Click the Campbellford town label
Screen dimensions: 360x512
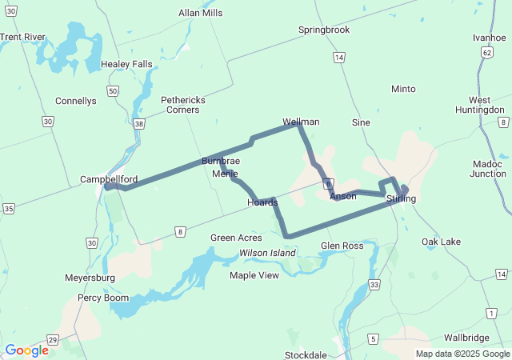point(109,179)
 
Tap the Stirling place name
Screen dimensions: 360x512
point(401,198)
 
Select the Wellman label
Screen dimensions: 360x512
point(301,122)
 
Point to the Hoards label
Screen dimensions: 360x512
point(262,202)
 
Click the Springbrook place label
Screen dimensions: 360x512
point(324,30)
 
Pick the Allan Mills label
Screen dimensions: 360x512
point(200,14)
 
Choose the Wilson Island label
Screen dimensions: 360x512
point(268,253)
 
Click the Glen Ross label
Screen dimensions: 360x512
point(342,246)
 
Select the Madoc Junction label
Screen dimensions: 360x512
point(489,169)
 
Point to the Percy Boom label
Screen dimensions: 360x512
point(102,298)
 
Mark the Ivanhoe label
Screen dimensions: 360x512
point(490,38)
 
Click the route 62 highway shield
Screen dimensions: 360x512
point(486,52)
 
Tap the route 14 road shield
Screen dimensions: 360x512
point(339,58)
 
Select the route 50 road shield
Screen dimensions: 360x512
point(113,91)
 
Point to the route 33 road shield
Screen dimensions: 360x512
point(374,285)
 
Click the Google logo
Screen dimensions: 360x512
point(26,350)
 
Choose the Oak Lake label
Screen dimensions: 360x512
point(441,242)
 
